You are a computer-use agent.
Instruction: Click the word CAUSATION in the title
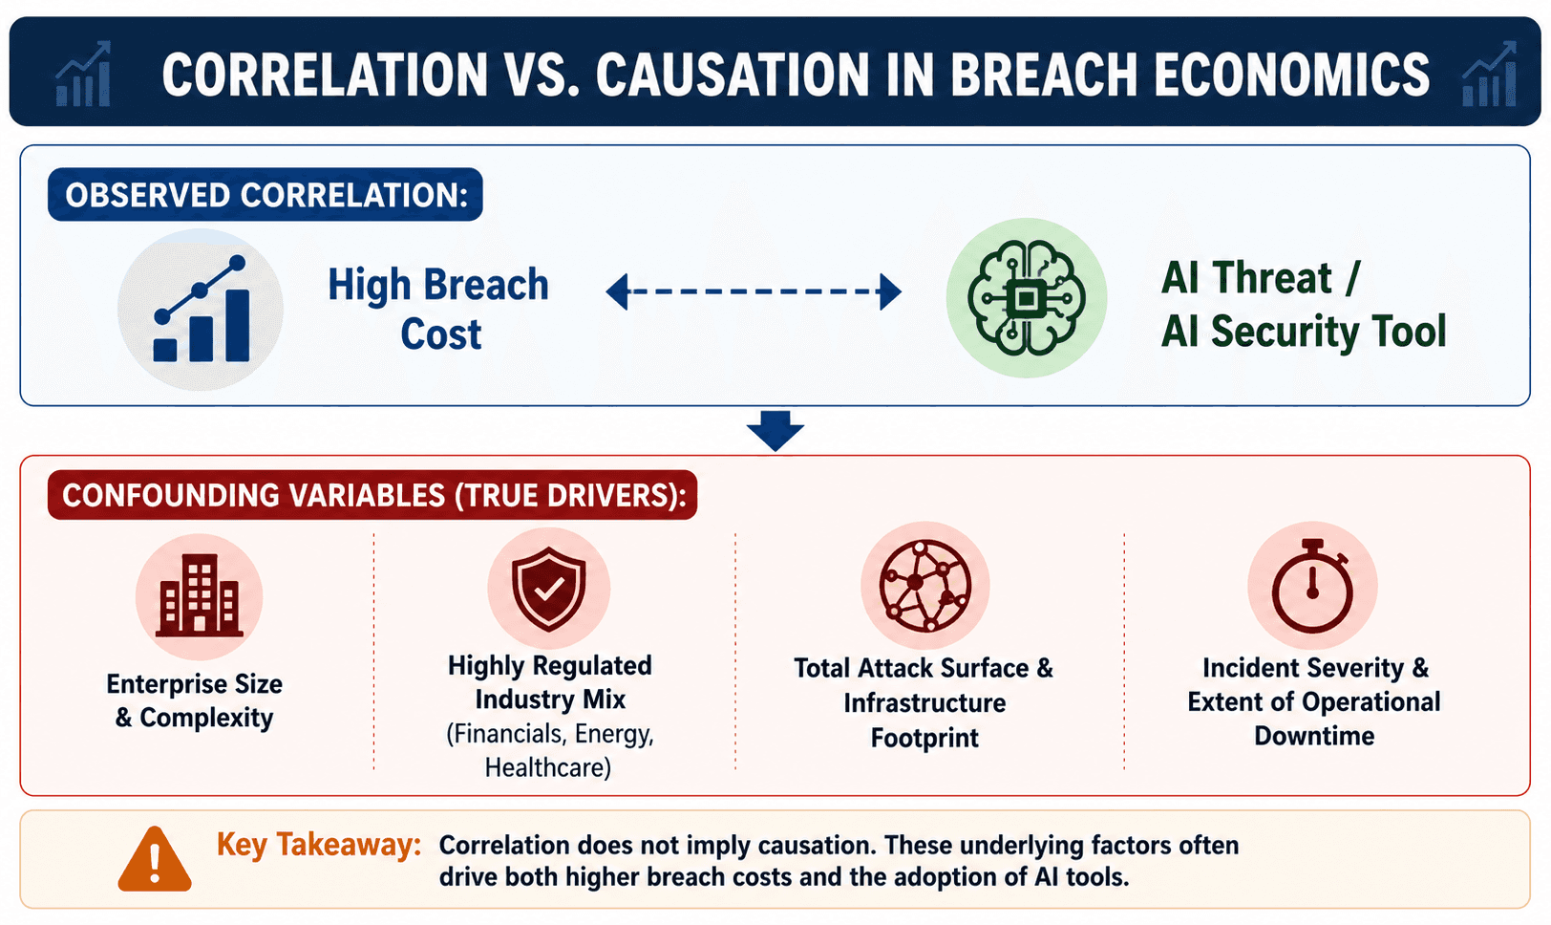(x=732, y=75)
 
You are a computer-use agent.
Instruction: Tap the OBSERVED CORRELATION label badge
(x=266, y=195)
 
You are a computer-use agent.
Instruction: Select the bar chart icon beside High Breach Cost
(x=201, y=309)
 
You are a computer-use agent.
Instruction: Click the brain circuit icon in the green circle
(x=1026, y=299)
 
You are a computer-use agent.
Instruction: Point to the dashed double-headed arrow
(x=754, y=291)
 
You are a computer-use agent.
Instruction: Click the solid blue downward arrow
(x=775, y=431)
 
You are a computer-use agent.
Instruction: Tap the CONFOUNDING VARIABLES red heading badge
(x=372, y=495)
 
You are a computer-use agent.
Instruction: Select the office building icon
(x=200, y=595)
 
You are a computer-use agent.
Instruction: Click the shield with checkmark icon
(x=548, y=589)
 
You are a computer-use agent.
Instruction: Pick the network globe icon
(x=925, y=586)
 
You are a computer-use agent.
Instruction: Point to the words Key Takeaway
(x=319, y=845)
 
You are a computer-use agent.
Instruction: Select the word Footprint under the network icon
(x=924, y=738)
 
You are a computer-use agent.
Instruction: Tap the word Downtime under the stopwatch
(x=1314, y=736)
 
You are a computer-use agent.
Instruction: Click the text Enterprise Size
(x=195, y=684)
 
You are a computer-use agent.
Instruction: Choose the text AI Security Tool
(x=1304, y=332)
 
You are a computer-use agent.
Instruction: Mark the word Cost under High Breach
(x=440, y=334)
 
